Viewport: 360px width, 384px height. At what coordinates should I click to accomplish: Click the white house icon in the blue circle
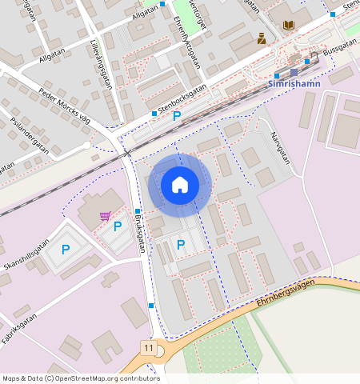[180, 186]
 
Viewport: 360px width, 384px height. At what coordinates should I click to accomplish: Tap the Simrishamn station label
[295, 84]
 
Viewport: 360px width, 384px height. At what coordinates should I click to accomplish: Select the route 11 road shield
[149, 348]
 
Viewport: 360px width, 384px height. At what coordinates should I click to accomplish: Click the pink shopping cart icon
[105, 216]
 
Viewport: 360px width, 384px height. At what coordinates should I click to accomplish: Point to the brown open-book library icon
[288, 25]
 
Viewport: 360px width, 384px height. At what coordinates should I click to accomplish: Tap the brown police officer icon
[262, 37]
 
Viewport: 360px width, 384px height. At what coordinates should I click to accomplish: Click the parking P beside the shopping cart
[118, 226]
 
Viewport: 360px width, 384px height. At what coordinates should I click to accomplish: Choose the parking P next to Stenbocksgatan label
[177, 117]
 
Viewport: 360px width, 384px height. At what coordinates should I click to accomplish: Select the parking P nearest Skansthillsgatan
[66, 250]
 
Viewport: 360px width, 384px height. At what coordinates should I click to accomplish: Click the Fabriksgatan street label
[21, 328]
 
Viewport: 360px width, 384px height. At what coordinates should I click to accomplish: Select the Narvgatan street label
[279, 148]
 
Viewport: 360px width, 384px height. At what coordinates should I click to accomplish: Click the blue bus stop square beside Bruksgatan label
[138, 211]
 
